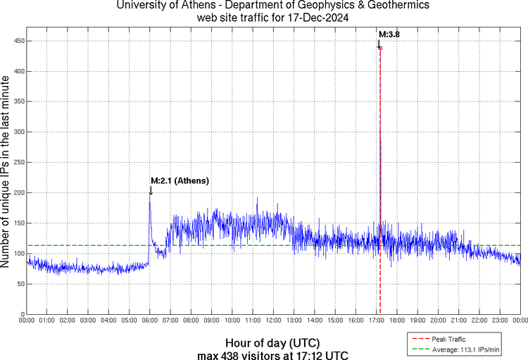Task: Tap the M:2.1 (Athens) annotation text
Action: (x=180, y=181)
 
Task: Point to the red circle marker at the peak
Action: (x=380, y=48)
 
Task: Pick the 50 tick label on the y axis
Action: (x=19, y=283)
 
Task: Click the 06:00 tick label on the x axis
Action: (x=150, y=321)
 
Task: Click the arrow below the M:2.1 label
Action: (x=150, y=190)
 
